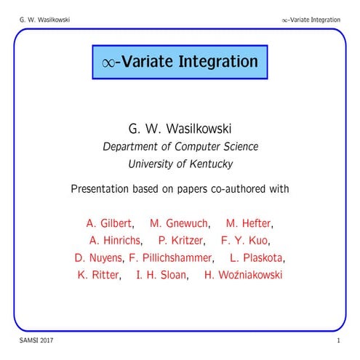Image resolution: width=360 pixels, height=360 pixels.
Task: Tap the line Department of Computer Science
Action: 180,146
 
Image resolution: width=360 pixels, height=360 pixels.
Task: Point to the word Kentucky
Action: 212,164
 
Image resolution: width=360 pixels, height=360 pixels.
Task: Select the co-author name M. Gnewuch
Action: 180,223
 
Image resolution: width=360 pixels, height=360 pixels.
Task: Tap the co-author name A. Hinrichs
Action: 115,240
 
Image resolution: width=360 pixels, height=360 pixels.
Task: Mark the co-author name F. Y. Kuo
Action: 248,240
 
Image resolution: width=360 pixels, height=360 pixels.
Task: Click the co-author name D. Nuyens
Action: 99,257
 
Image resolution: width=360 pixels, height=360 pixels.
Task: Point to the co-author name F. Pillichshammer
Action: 171,257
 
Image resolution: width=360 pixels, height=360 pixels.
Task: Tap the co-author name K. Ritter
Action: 99,275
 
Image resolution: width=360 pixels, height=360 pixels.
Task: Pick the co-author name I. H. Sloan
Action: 162,275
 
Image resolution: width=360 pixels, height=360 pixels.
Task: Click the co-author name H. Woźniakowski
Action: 243,275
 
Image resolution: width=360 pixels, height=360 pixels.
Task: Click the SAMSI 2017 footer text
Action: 36,340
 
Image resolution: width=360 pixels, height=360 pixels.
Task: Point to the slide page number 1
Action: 339,340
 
